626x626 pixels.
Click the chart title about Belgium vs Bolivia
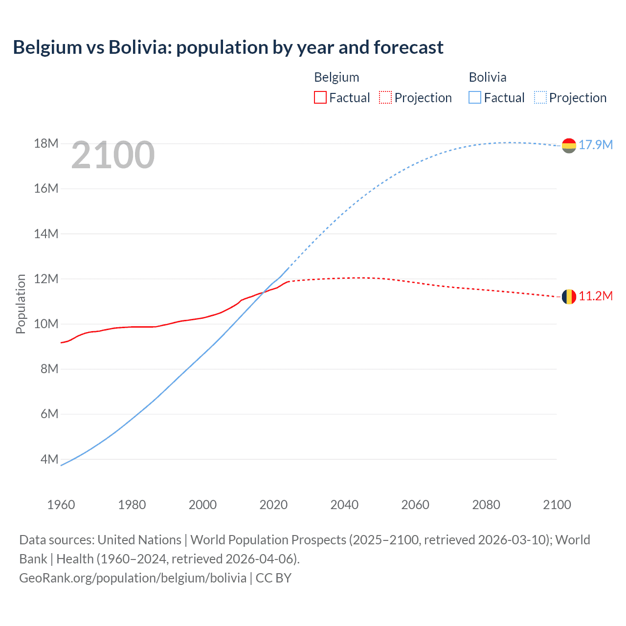(x=228, y=47)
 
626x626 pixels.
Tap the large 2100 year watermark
(x=113, y=155)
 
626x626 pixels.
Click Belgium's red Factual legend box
(x=320, y=97)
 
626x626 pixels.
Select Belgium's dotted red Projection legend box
(x=385, y=97)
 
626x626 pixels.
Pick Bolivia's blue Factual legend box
(x=475, y=97)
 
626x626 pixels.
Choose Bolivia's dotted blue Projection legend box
(x=540, y=97)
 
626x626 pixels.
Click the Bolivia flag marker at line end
(x=569, y=145)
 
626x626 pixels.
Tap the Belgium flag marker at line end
(x=569, y=296)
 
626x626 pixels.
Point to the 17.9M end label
(x=596, y=145)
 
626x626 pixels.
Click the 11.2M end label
(x=596, y=296)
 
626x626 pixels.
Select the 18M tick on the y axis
(x=46, y=143)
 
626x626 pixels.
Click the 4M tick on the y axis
(x=49, y=459)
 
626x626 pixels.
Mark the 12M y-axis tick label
(x=46, y=279)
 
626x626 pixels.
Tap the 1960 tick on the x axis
(x=61, y=505)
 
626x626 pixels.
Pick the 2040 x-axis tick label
(x=344, y=505)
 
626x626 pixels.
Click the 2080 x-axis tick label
(x=486, y=505)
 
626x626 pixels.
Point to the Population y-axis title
(x=21, y=304)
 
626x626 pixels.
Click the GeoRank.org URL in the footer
(x=133, y=578)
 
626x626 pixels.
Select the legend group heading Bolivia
(x=488, y=77)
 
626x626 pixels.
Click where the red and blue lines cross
(x=264, y=292)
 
